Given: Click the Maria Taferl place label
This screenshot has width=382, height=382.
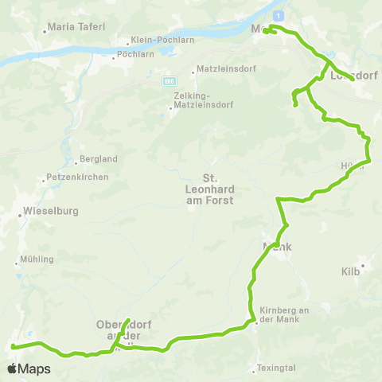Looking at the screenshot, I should (x=76, y=27).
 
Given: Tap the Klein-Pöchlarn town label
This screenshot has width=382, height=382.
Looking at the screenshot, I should (x=158, y=43).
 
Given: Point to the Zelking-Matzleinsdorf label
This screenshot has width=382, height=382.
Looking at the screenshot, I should (x=197, y=99).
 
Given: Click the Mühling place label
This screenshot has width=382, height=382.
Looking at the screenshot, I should (x=38, y=259).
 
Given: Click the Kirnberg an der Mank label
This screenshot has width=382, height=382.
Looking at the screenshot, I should (x=283, y=314).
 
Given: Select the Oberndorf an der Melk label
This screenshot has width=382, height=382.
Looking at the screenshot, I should (x=123, y=329).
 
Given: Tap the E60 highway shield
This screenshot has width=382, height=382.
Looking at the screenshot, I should (x=170, y=81).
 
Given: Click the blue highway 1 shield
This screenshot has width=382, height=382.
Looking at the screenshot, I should (x=277, y=15).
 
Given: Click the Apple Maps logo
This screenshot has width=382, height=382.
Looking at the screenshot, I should (x=29, y=368).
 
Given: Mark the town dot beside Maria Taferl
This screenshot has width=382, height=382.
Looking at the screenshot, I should (x=45, y=32).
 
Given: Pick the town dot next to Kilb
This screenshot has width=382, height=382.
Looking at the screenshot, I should (x=362, y=265).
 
